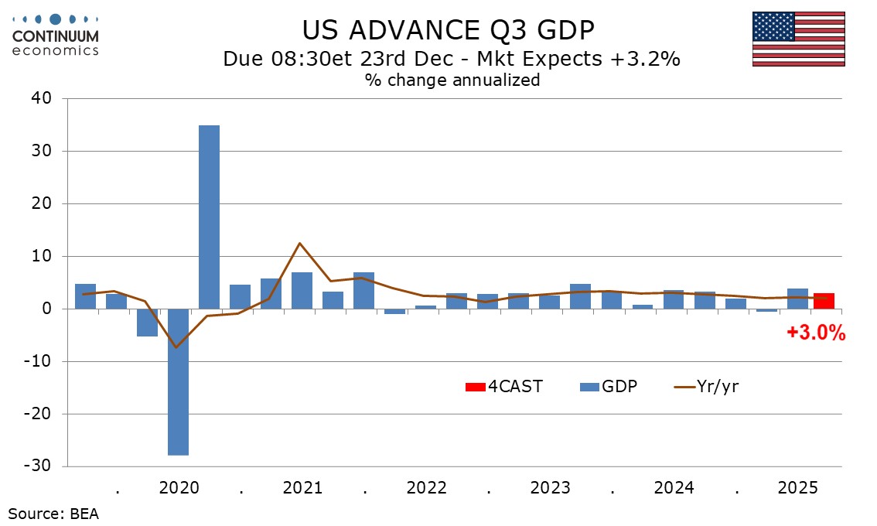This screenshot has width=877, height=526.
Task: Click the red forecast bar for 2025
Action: click(824, 301)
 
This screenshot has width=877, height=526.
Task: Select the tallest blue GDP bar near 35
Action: click(209, 217)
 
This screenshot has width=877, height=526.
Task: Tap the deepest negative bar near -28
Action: click(179, 382)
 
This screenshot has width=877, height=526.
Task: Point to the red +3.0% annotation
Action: click(816, 333)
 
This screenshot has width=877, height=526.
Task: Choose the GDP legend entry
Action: click(609, 386)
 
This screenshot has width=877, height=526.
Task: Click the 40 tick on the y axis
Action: click(40, 98)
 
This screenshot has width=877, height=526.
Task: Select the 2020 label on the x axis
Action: click(179, 488)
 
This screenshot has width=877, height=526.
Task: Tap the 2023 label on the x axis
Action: click(550, 488)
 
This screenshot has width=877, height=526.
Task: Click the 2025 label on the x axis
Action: click(797, 488)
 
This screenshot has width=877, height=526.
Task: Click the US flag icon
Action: click(797, 39)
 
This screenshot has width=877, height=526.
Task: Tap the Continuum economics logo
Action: click(56, 35)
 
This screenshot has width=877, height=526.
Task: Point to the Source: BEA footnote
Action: click(54, 513)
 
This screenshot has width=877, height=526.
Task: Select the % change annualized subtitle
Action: click(452, 80)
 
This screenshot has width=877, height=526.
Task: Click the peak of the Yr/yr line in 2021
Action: click(299, 243)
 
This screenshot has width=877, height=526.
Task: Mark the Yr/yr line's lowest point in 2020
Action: click(177, 347)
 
